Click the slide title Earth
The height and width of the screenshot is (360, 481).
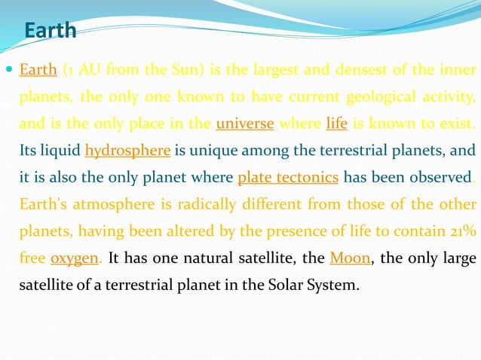51,31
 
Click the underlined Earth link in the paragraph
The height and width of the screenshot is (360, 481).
38,71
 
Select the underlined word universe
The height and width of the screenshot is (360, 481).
244,124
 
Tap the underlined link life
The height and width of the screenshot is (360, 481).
336,124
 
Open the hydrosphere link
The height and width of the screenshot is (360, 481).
128,151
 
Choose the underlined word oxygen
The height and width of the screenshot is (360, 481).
75,258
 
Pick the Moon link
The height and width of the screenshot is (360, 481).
351,258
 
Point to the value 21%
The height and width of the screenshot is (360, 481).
462,231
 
